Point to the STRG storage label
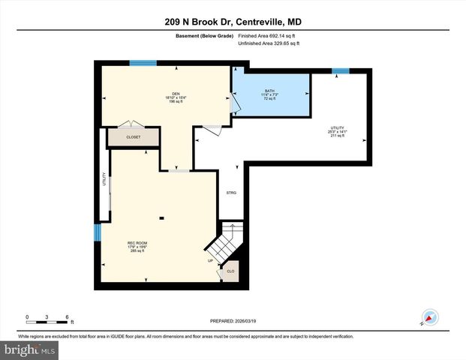(x=231, y=193)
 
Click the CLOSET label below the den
(x=133, y=138)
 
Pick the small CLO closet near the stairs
(x=230, y=271)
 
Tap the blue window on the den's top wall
(x=137, y=63)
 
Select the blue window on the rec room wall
(x=96, y=233)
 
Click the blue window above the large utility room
(x=341, y=71)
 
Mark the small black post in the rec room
(x=161, y=218)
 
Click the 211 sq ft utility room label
(x=338, y=132)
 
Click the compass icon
(x=430, y=317)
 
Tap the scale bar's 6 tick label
(x=68, y=316)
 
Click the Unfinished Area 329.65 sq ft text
(x=269, y=43)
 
